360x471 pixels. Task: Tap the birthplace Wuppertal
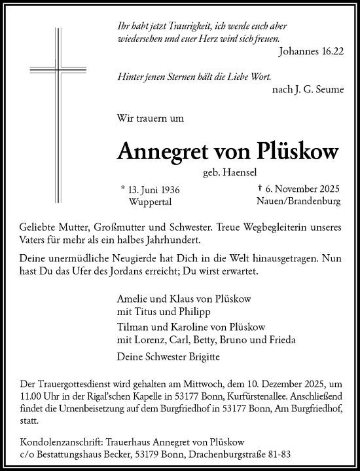154,202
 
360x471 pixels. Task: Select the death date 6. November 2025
303,190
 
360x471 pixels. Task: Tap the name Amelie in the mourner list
131,298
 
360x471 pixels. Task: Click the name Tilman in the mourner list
131,327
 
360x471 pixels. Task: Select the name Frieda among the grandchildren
283,339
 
